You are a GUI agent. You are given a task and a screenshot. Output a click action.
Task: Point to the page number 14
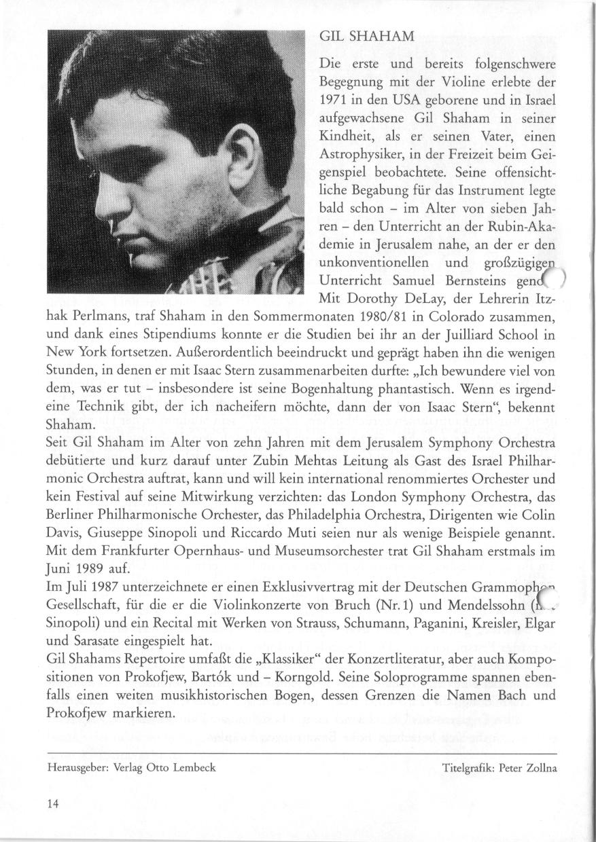pyautogui.click(x=53, y=803)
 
